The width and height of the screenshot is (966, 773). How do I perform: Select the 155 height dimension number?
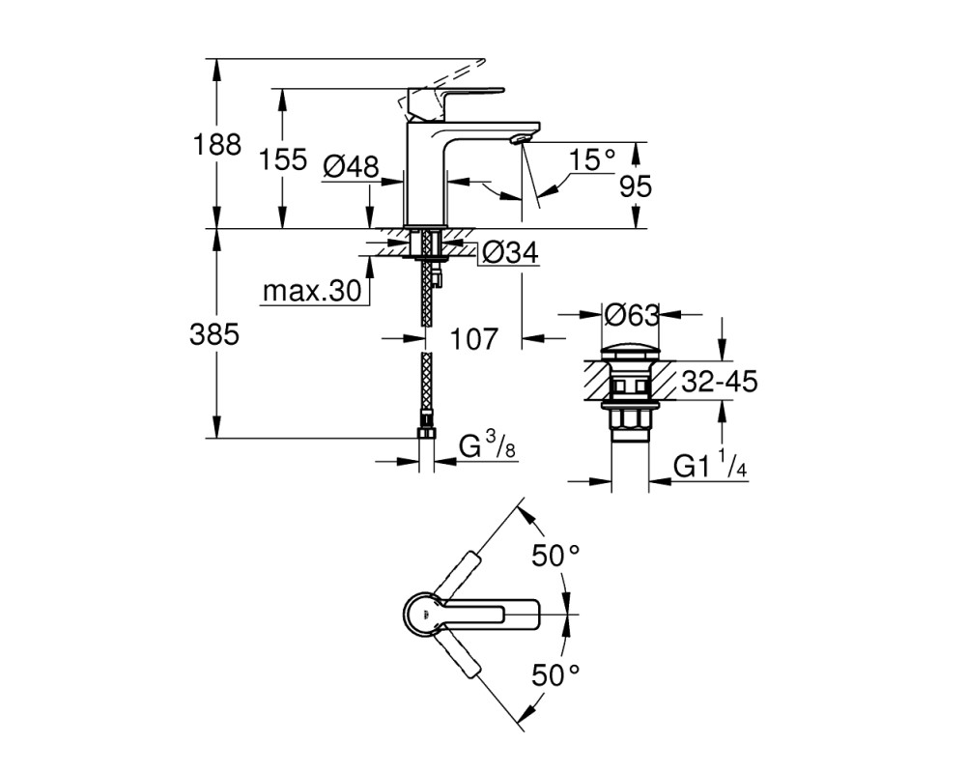[x=283, y=159]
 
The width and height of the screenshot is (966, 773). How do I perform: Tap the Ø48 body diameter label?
[x=352, y=165]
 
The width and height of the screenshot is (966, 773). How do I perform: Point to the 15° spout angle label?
[x=592, y=160]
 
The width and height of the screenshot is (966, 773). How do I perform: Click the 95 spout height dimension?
[x=636, y=186]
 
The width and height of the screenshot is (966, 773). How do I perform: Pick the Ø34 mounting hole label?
[x=510, y=251]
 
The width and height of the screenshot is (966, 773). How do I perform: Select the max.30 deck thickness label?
[x=311, y=291]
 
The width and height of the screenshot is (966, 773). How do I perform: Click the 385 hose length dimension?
[x=214, y=335]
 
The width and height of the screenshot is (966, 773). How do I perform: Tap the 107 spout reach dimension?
[x=473, y=339]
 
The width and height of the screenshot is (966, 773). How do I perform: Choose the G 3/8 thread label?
[x=487, y=445]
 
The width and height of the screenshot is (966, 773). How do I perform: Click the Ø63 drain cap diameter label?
[x=632, y=316]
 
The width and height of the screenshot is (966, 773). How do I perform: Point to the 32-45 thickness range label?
[x=719, y=383]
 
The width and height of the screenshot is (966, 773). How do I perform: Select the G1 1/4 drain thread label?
[x=710, y=466]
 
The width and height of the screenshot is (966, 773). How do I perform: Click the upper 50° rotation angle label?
[x=555, y=556]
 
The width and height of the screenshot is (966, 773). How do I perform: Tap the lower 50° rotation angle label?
[x=555, y=675]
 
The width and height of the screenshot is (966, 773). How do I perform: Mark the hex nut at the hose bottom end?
[x=426, y=433]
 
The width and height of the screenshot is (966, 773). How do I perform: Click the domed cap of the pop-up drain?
[x=631, y=355]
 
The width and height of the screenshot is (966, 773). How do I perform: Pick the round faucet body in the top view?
[x=423, y=614]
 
